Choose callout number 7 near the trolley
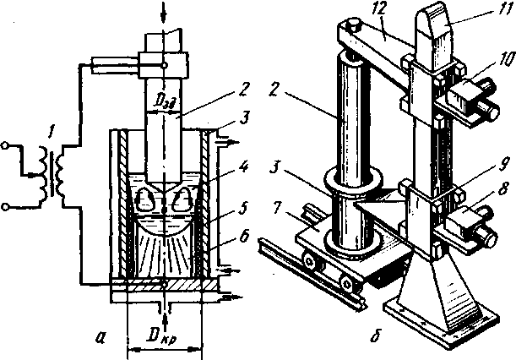pyautogui.click(x=277, y=222)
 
